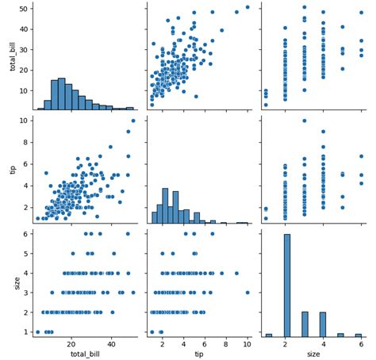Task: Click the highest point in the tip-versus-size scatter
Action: pyautogui.click(x=304, y=121)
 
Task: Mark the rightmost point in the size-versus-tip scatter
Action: pyautogui.click(x=247, y=293)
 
